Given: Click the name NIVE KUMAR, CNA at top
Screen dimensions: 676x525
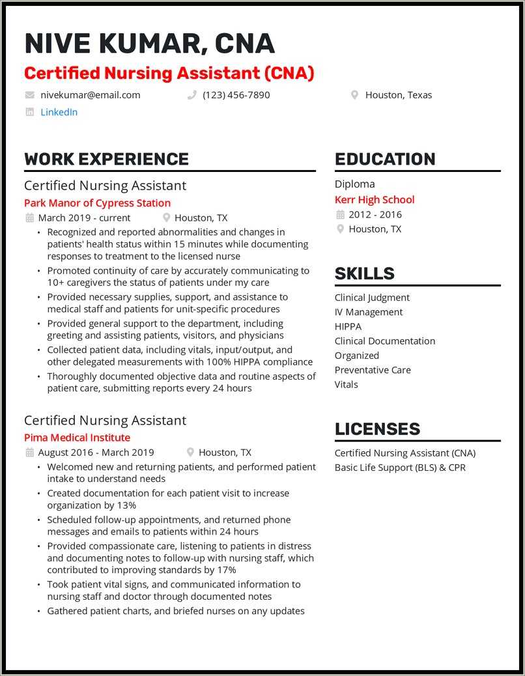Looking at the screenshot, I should (149, 44).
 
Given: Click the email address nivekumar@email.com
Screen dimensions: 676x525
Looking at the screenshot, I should (91, 95).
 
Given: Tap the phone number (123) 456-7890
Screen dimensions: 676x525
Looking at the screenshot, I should (236, 95).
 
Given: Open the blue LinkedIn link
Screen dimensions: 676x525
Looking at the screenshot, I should (59, 112).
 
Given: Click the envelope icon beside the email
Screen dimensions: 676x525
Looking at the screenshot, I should (29, 95).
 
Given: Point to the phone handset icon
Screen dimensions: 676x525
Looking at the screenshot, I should (192, 95).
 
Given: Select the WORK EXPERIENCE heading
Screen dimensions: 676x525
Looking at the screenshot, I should (106, 159).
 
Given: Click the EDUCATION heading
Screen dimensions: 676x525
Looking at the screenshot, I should (385, 159).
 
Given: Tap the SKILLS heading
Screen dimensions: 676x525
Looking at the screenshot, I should (364, 274).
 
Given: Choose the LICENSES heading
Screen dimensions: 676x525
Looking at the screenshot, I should (377, 429).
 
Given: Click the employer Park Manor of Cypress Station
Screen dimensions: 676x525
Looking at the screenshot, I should (97, 203).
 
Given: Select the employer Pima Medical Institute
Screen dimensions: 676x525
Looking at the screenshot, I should (77, 438).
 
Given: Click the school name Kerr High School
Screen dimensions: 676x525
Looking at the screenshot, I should (375, 200).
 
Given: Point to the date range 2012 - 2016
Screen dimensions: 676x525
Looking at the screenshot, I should (375, 214).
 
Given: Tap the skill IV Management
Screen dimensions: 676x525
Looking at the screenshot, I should (369, 312).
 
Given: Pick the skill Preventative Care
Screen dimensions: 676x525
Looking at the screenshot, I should (373, 370).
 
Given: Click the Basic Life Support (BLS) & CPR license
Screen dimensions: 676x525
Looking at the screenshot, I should (400, 468).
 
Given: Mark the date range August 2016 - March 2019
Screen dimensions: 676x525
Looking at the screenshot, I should (96, 453).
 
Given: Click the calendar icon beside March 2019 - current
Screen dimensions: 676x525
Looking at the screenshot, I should (29, 218).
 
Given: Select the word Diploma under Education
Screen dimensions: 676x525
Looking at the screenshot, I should (355, 184).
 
